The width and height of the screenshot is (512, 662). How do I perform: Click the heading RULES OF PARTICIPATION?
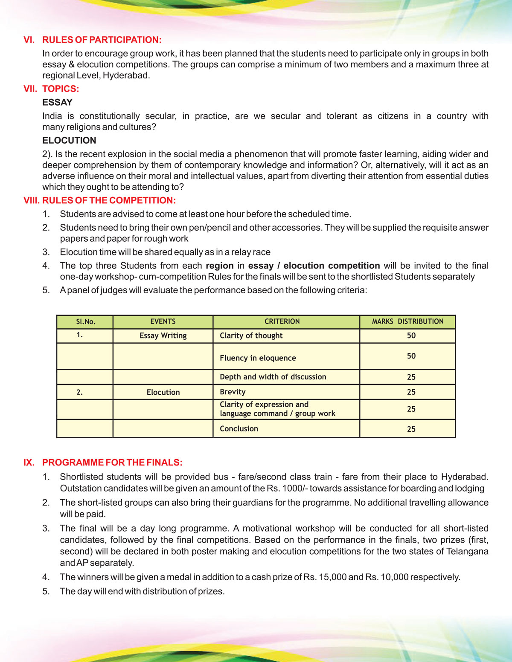[x=102, y=40]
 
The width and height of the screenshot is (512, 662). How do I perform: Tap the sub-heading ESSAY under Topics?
[x=57, y=102]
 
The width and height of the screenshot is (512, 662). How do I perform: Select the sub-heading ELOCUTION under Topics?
[x=69, y=140]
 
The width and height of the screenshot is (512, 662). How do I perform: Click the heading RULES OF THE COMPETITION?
[x=109, y=200]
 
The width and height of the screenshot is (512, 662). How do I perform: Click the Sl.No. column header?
[x=85, y=321]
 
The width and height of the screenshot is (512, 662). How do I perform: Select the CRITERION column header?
[x=282, y=321]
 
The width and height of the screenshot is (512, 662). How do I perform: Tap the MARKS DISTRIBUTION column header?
[x=407, y=321]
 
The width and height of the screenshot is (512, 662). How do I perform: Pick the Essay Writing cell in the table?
[x=163, y=335]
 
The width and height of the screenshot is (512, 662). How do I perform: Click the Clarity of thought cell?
[x=251, y=335]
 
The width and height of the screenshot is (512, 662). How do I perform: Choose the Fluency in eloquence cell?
[x=258, y=358]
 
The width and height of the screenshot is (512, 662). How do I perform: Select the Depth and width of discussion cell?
[x=273, y=377]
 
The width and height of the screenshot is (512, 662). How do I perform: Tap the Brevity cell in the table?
[x=233, y=392]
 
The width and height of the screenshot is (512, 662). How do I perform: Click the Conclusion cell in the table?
[x=239, y=429]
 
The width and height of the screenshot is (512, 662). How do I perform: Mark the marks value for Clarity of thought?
[x=411, y=335]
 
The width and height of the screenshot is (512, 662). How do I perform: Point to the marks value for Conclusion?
[x=411, y=429]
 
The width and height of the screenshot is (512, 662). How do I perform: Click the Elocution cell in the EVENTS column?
[x=163, y=392]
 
